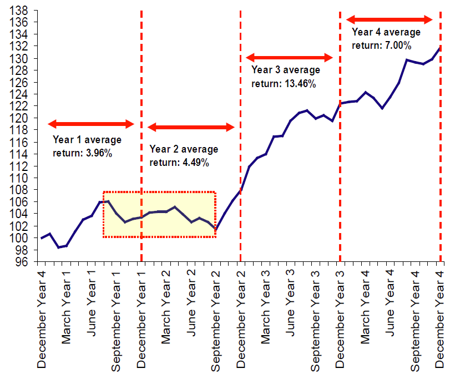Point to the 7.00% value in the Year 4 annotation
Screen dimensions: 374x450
coord(396,45)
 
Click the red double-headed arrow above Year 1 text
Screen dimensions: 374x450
coord(91,124)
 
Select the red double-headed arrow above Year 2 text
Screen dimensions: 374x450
coord(191,128)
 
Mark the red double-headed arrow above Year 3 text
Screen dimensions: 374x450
coord(289,57)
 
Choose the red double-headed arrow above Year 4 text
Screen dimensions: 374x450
coord(390,19)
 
